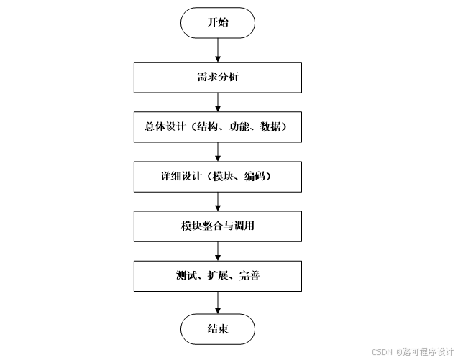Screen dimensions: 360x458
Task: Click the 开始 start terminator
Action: (x=217, y=23)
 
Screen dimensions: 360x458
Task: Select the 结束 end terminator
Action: (x=217, y=329)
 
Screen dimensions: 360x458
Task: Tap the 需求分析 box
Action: (x=217, y=77)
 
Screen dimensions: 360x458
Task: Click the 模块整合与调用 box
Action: (x=217, y=226)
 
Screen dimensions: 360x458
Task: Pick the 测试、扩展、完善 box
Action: (x=217, y=275)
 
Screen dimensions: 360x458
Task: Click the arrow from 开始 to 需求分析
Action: (x=217, y=50)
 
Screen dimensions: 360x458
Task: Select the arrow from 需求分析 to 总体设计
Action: (x=217, y=101)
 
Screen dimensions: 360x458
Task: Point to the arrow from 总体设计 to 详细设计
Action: (x=217, y=151)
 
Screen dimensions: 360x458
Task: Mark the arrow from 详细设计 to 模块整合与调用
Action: (x=217, y=200)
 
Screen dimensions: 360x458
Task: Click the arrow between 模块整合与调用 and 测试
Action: (x=217, y=251)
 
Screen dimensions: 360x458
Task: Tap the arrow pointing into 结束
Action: (x=217, y=302)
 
